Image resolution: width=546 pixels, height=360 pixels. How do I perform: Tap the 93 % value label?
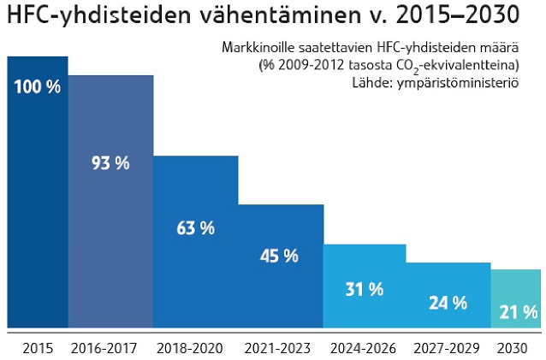[110, 162]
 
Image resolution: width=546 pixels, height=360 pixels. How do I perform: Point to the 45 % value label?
[279, 256]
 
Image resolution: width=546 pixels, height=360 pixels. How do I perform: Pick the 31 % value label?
[365, 290]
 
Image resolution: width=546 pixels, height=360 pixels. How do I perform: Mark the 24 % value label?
[448, 303]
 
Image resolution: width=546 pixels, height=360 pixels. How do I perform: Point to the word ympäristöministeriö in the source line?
[466, 82]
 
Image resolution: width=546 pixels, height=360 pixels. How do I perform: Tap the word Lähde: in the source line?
[371, 82]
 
